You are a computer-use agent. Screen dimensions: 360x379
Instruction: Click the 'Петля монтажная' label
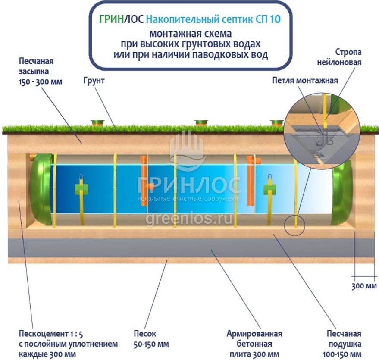pyautogui.click(x=305, y=80)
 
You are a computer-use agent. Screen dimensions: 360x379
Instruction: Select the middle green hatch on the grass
pyautogui.click(x=201, y=123)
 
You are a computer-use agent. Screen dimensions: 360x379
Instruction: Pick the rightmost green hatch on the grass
pyautogui.click(x=277, y=123)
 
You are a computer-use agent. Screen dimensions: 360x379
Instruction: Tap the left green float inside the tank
pyautogui.click(x=81, y=189)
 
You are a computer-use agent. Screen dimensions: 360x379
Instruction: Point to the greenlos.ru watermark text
pyautogui.click(x=189, y=219)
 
